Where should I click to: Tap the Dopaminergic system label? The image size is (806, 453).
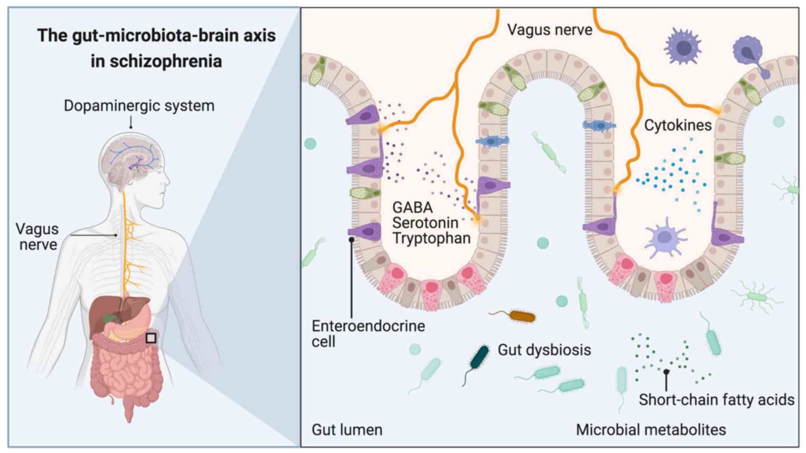139,106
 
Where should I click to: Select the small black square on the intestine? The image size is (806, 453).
151,338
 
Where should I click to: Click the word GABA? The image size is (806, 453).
412,207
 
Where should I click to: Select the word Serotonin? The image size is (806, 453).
425,223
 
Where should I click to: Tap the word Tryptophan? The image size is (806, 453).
431,238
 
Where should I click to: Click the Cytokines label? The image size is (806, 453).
678,125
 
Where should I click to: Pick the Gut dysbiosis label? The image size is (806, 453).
544,350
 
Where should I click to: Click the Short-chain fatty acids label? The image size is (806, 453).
716,400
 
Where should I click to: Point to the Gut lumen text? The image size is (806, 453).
347,430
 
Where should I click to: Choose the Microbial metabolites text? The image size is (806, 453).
651,430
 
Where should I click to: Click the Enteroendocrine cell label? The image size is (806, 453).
368,334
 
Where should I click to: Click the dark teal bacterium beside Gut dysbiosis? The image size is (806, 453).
479,358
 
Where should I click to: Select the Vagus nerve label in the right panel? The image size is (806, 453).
550,30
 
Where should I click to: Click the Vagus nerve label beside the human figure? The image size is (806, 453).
37,237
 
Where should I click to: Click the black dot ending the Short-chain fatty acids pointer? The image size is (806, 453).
666,372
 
